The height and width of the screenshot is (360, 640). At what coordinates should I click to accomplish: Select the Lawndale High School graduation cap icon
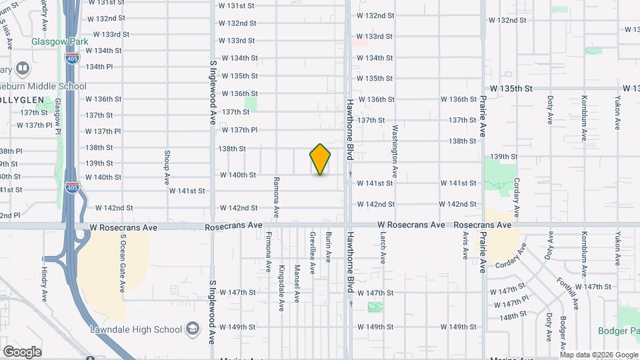pyautogui.click(x=193, y=329)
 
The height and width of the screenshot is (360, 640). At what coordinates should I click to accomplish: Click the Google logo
pyautogui.click(x=22, y=351)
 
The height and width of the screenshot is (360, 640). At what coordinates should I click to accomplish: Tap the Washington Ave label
pyautogui.click(x=395, y=151)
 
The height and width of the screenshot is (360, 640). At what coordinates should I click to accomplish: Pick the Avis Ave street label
pyautogui.click(x=465, y=248)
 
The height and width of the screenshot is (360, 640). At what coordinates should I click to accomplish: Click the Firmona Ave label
pyautogui.click(x=269, y=252)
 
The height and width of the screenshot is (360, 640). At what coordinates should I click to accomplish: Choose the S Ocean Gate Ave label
pyautogui.click(x=123, y=264)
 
